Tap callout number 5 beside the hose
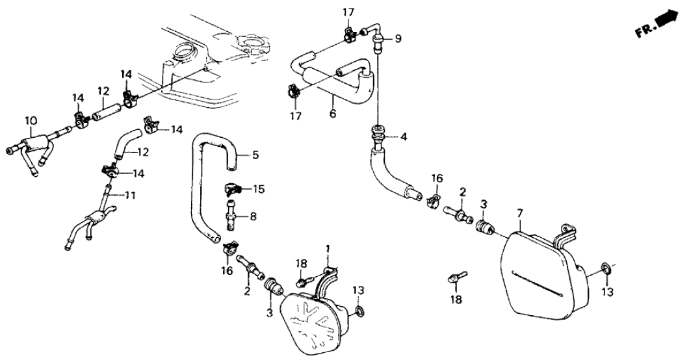(255, 156)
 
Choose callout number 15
(259, 188)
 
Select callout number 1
(328, 249)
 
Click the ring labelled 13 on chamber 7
(604, 268)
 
